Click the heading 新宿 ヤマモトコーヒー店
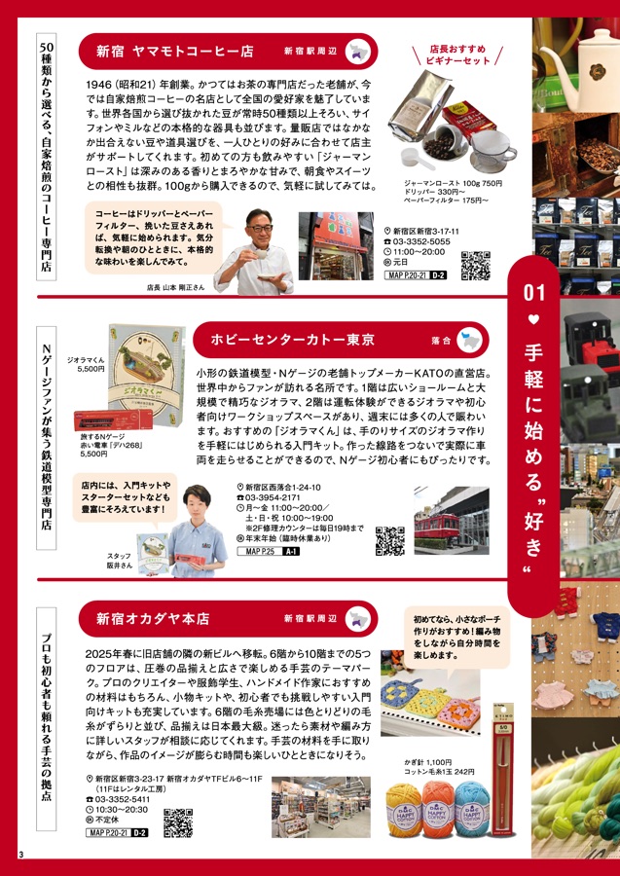(x=174, y=51)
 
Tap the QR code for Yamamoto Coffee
(x=475, y=266)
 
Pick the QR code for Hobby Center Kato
(x=389, y=540)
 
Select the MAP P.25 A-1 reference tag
(x=270, y=552)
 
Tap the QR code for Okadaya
(x=177, y=823)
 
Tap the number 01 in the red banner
(x=533, y=291)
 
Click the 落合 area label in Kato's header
(x=440, y=341)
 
